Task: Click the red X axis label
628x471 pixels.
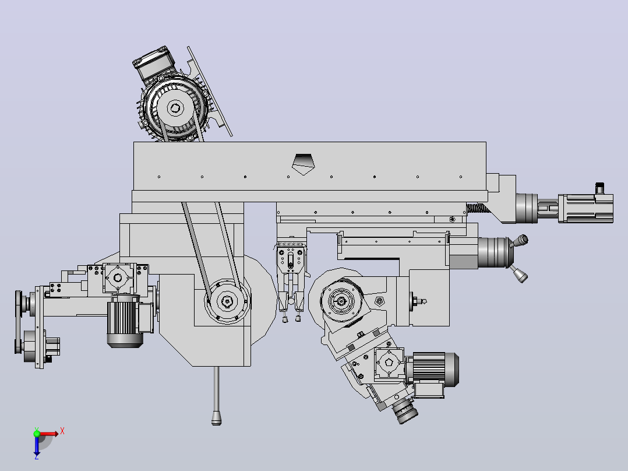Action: pos(62,431)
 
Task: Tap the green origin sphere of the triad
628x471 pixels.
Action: pos(37,434)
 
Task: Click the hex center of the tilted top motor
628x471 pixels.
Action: pos(175,108)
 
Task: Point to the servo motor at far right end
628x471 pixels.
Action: pos(585,208)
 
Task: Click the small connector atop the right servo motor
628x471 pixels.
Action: pos(599,188)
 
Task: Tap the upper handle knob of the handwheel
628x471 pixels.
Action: pos(522,241)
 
